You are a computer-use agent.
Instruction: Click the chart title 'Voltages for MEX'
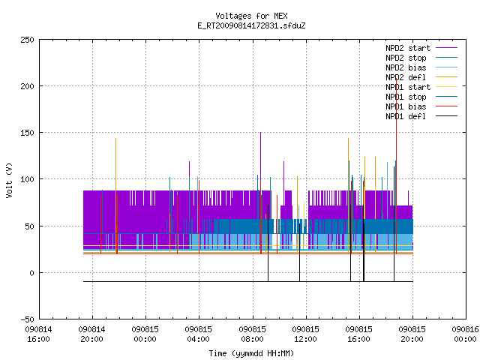251,16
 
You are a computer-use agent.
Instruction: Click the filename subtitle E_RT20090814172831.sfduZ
251,25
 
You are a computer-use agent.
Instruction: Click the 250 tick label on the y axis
27,40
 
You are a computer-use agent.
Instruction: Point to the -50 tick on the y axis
27,319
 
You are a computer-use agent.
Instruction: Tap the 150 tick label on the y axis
27,133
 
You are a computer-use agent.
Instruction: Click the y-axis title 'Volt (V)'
9,180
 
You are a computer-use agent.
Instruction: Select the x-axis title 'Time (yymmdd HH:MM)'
251,353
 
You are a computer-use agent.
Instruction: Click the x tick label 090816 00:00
465,334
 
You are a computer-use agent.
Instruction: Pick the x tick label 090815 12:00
305,334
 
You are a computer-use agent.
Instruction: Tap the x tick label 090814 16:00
38,334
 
